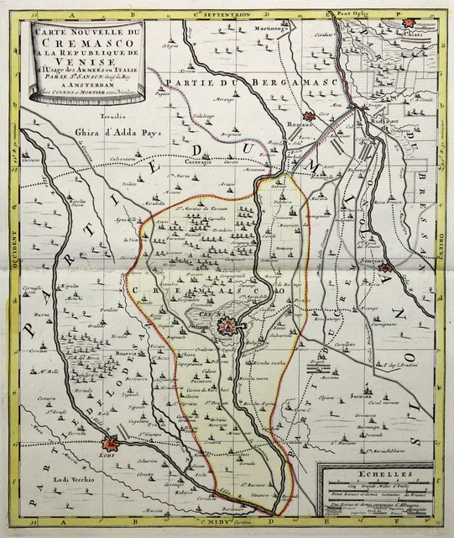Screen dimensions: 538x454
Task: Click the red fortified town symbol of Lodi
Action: pyautogui.click(x=108, y=447)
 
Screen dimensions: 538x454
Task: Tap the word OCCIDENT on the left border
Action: pyautogui.click(x=17, y=256)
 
